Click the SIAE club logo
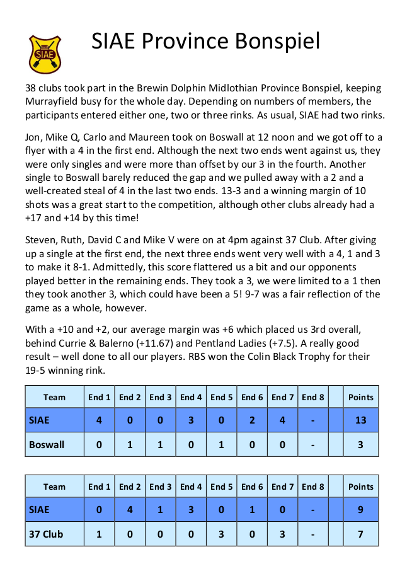click(45, 54)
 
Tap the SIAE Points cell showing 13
click(360, 420)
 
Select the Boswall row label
click(47, 444)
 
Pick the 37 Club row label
click(47, 534)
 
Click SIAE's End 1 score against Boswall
click(99, 420)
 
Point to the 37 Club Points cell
click(360, 534)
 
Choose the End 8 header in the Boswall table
click(313, 397)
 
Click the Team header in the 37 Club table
click(54, 487)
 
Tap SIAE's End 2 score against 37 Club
click(130, 509)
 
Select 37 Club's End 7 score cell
click(282, 534)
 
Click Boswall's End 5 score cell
click(221, 444)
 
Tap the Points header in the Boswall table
click(360, 397)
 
